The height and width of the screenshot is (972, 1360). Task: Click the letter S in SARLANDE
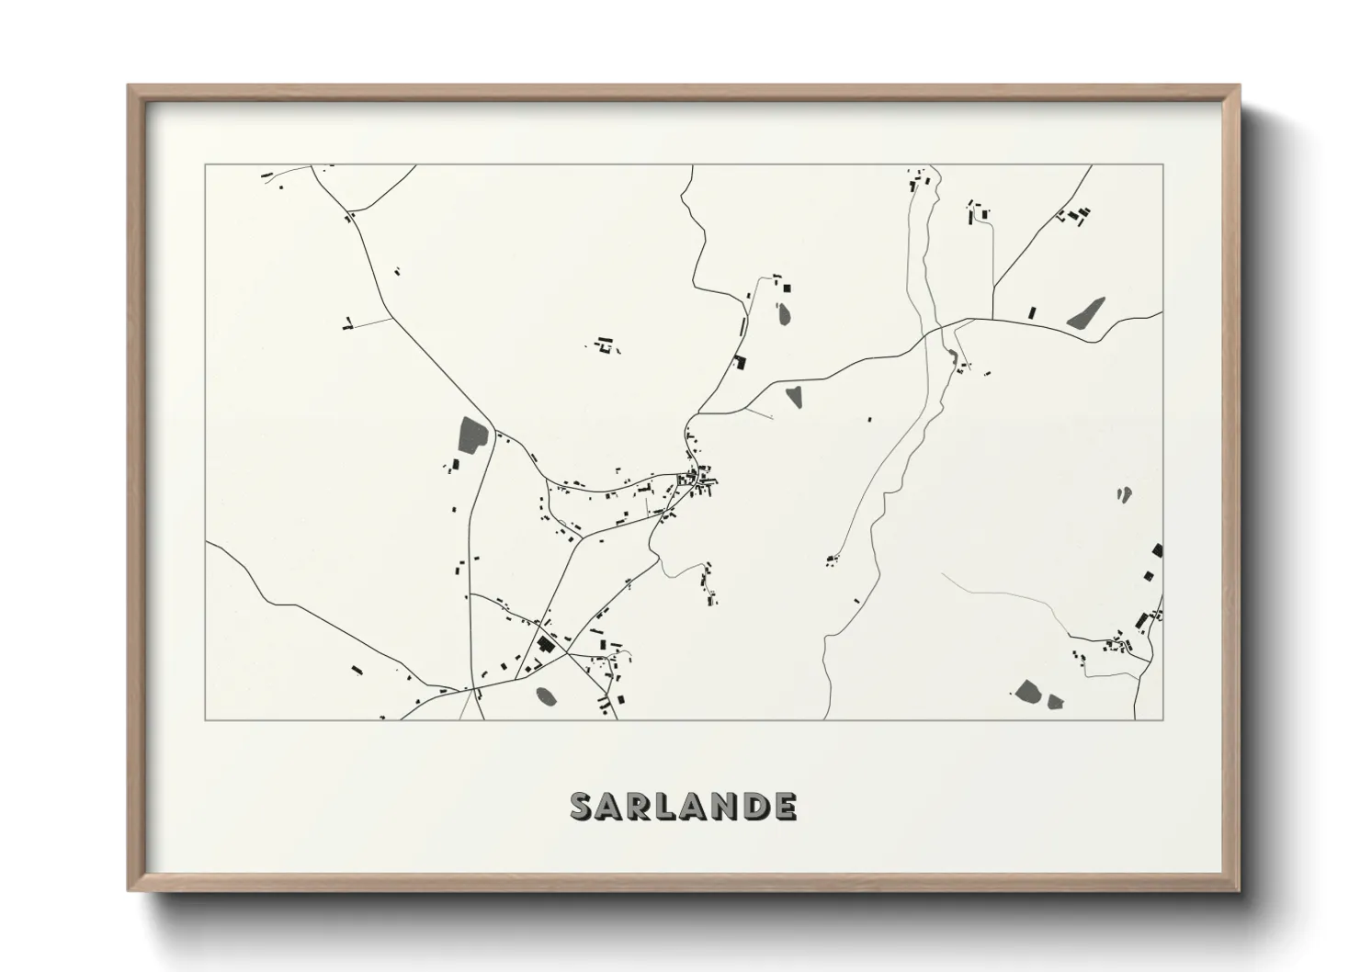583,806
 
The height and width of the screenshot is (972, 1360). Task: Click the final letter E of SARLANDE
784,806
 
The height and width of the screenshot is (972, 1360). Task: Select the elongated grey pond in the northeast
1086,312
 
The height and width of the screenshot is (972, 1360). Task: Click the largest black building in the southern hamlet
545,644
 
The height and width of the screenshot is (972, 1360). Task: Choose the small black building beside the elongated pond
1032,312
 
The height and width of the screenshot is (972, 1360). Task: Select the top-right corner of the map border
1162,165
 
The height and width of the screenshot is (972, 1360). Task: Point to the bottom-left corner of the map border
206,719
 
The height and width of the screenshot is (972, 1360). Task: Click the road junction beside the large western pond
495,432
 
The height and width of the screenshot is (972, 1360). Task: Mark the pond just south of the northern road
793,397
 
